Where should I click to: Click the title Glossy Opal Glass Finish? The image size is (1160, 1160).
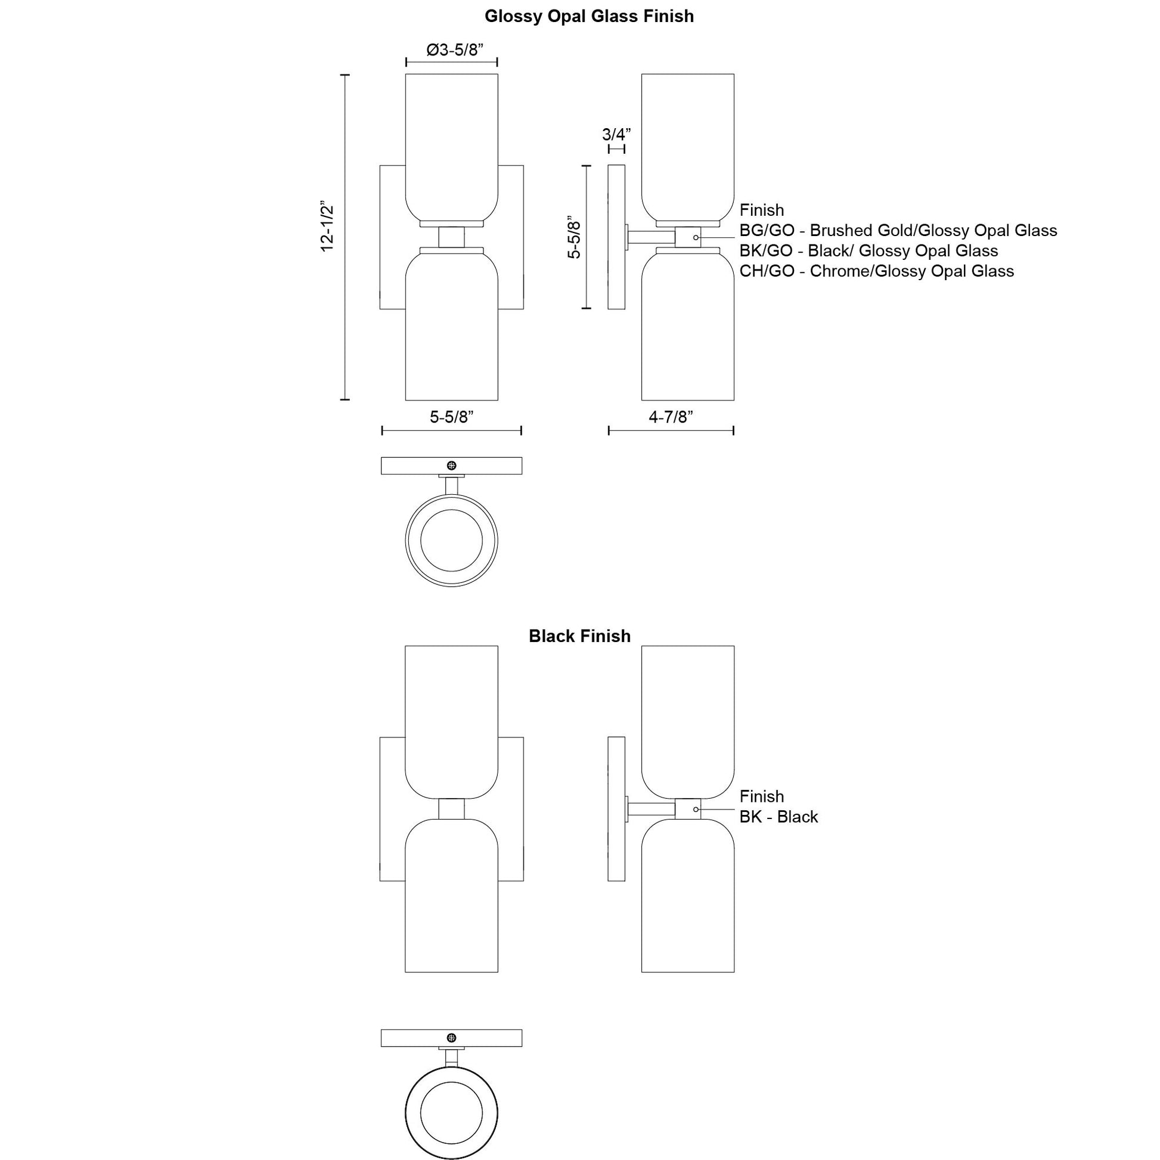(x=589, y=16)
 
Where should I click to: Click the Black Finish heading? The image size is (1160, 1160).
(x=579, y=637)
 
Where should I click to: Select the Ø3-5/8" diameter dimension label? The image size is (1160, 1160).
(x=454, y=50)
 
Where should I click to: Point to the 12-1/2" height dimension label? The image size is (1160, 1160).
(x=327, y=227)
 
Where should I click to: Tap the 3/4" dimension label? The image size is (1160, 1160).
(x=616, y=135)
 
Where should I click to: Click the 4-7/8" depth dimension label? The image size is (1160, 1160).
(x=671, y=417)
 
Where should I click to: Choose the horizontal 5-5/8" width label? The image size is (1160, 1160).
(x=451, y=417)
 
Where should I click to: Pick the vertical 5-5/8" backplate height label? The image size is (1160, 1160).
(x=575, y=237)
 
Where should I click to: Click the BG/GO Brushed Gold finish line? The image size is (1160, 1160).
(x=898, y=231)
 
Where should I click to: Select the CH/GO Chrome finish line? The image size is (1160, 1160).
(x=876, y=271)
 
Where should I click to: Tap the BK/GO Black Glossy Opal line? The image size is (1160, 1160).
(x=868, y=251)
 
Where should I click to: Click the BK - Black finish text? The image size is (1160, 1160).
(x=778, y=817)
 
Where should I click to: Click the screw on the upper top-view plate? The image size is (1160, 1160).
(x=451, y=466)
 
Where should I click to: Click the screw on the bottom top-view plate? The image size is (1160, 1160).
(x=451, y=1038)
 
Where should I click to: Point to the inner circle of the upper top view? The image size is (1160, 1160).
(x=451, y=541)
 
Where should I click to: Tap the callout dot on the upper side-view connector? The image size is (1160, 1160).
(x=696, y=238)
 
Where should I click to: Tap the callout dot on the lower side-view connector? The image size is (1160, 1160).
(x=696, y=809)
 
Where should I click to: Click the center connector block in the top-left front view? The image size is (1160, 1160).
(x=451, y=237)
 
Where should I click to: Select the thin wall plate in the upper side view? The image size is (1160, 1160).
(x=616, y=237)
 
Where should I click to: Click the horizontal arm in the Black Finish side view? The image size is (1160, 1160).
(x=652, y=809)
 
